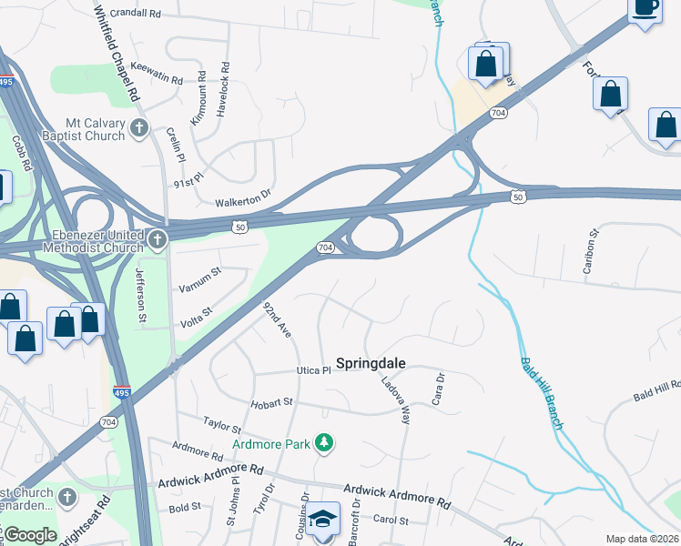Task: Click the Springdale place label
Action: point(371,363)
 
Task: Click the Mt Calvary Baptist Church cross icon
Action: point(139,128)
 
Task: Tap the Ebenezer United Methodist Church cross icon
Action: point(158,240)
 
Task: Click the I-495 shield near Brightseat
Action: point(122,393)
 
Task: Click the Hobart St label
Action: point(274,401)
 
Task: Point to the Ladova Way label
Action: point(396,401)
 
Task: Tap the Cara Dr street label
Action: point(438,389)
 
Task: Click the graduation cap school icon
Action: point(323,520)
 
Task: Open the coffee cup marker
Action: point(645,8)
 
